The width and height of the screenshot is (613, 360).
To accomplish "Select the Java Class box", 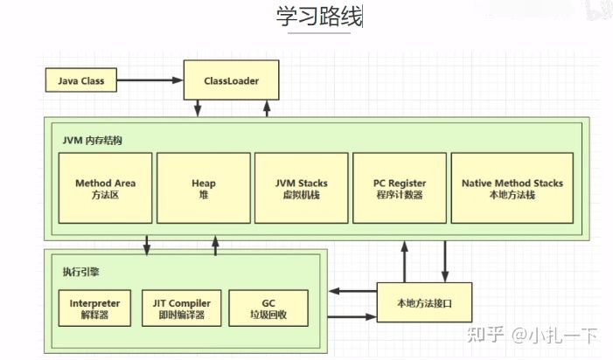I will point(80,81).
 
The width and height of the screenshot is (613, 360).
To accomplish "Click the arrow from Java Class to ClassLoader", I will point(149,81).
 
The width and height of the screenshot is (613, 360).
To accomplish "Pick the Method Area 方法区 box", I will point(105,190).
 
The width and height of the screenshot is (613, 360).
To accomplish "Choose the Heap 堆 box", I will point(203,190).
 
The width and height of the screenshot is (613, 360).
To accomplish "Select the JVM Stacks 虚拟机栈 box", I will point(302,190).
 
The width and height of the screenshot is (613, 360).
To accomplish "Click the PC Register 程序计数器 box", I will point(399,190).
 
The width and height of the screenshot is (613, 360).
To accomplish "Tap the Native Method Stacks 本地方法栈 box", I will point(512,190).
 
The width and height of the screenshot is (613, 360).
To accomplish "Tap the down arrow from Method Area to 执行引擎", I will point(147,245).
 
